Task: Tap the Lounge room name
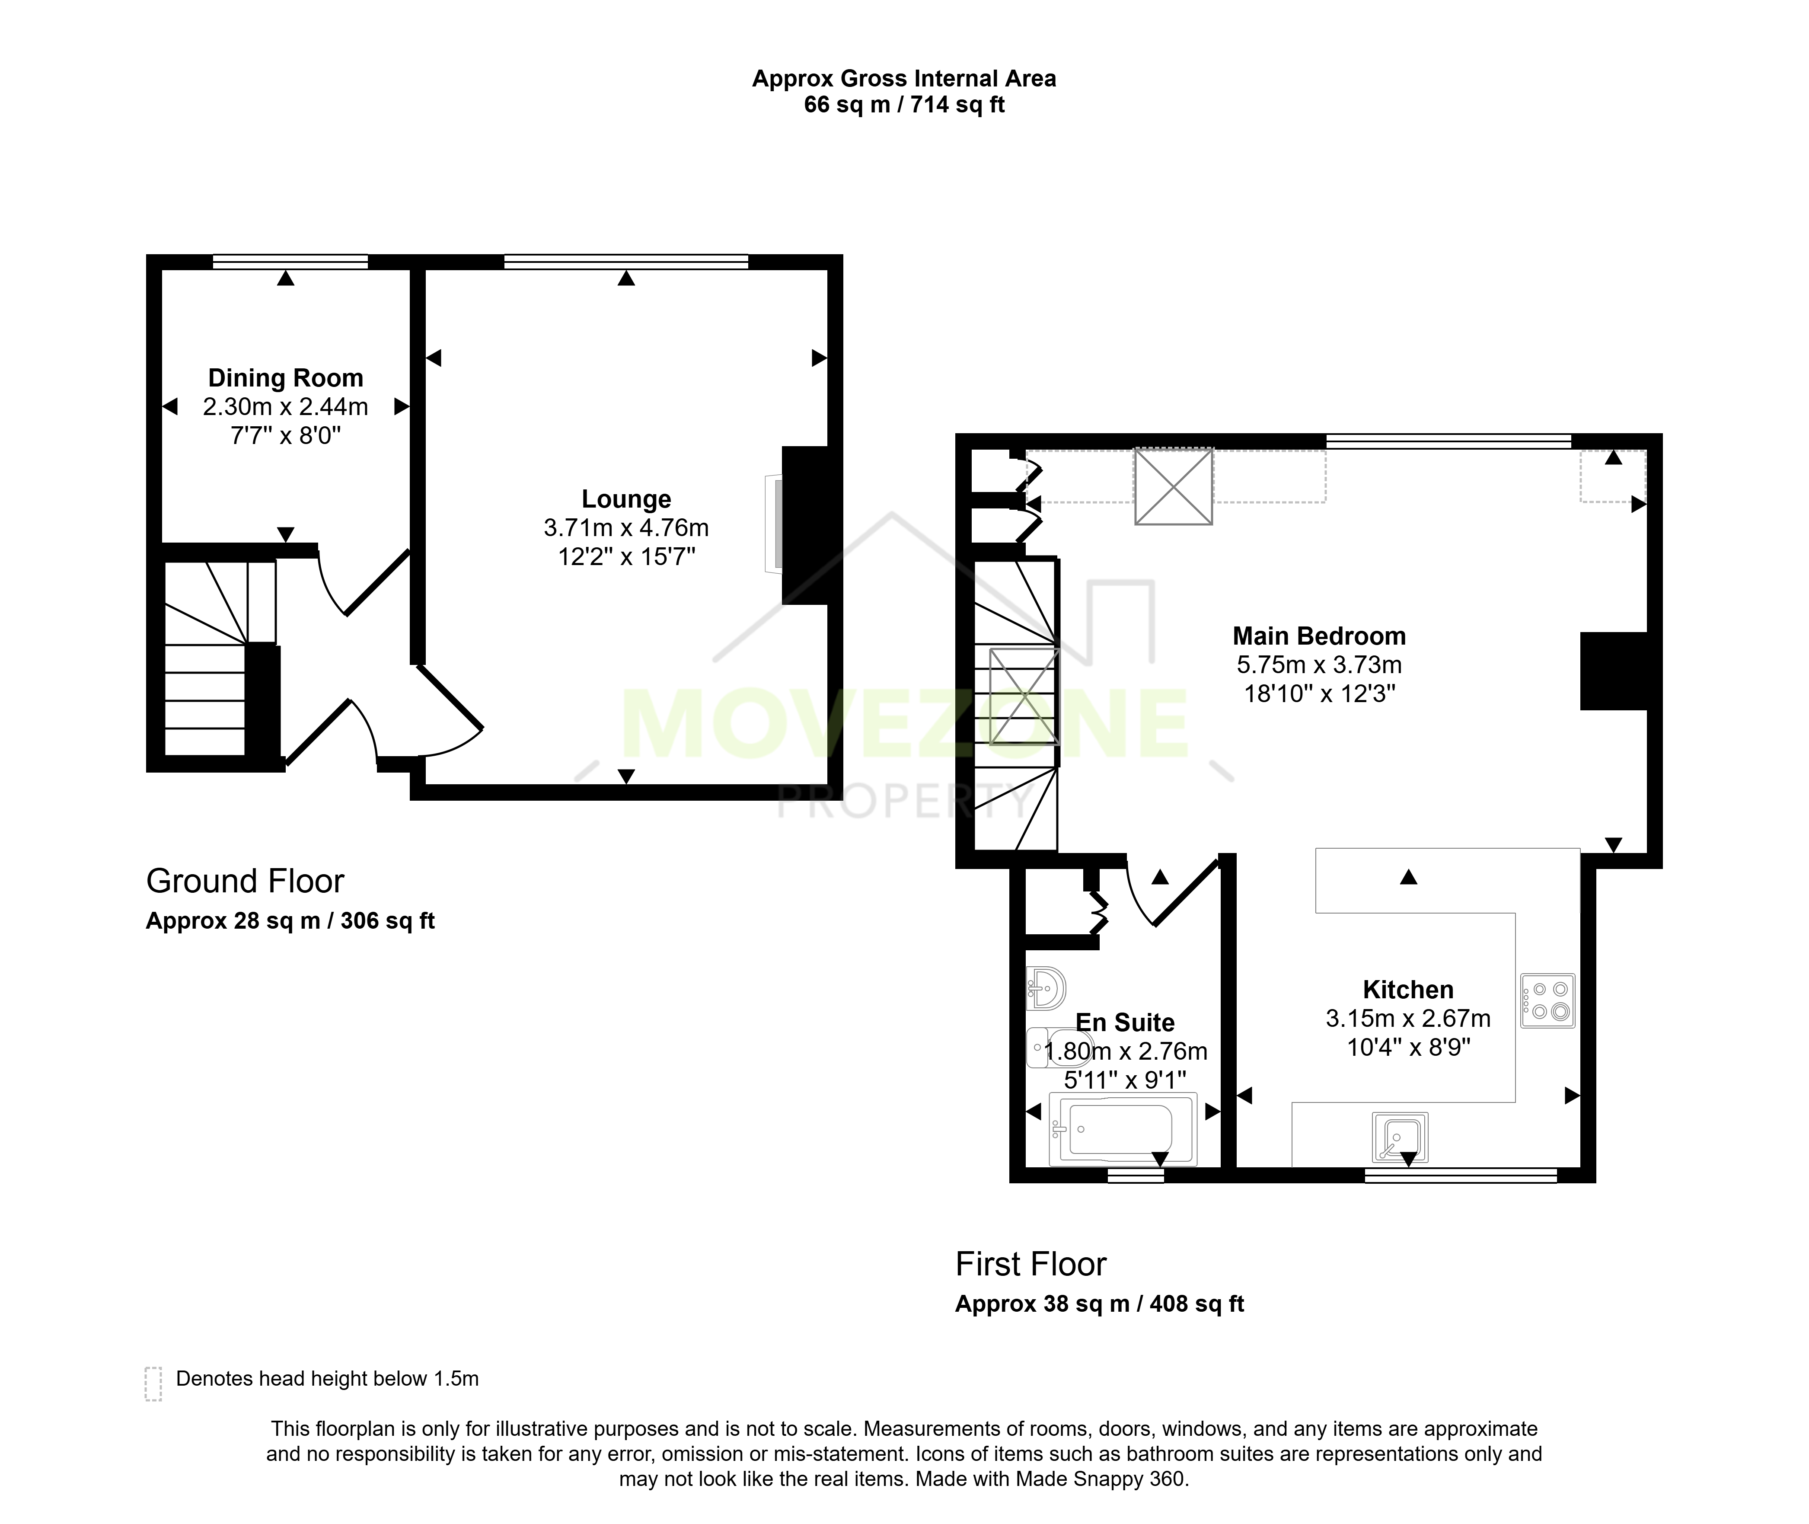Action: coord(626,499)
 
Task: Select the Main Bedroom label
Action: coord(1319,637)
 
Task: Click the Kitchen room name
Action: coord(1408,990)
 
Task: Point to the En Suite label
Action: coord(1125,1023)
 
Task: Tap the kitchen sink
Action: coord(1400,1138)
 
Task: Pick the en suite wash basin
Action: coord(1045,987)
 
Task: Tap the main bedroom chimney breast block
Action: coord(1614,671)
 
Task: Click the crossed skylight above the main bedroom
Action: coord(1173,486)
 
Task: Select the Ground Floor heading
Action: coord(246,881)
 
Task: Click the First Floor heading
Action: coord(1031,1264)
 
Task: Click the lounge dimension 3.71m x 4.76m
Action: coord(626,528)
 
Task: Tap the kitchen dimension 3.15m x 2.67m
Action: coord(1408,1019)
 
